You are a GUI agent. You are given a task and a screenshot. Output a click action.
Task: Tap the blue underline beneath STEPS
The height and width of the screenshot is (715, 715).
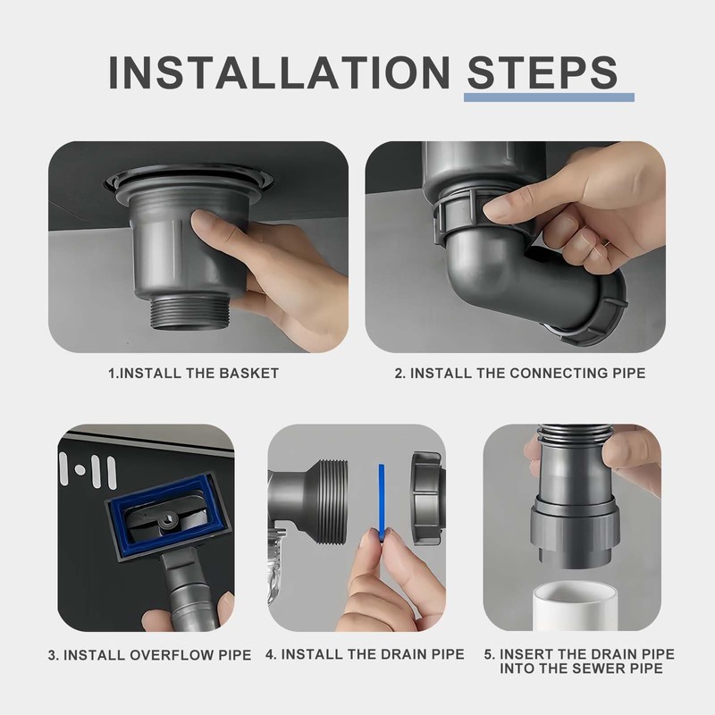[550, 97]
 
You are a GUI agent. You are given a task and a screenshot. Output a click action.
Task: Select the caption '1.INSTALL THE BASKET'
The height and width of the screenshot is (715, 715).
[193, 373]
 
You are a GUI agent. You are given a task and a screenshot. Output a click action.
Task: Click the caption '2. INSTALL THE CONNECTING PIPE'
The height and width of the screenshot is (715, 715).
[519, 373]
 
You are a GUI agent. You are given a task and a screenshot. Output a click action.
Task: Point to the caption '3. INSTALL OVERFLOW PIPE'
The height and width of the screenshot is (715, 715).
[149, 654]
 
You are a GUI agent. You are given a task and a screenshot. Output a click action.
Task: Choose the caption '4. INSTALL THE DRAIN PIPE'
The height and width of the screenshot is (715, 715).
[365, 654]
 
